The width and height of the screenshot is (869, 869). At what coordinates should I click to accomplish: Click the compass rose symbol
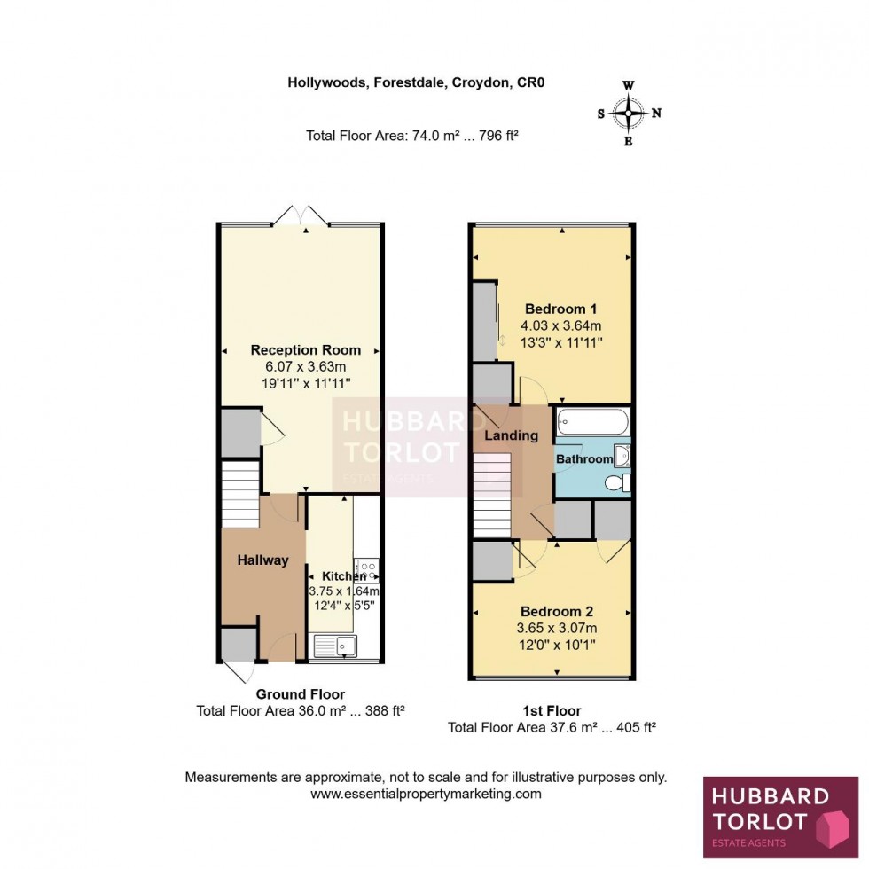[629, 113]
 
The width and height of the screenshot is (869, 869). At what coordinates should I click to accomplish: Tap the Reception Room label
[301, 349]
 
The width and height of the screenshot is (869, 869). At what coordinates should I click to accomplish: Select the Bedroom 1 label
[560, 309]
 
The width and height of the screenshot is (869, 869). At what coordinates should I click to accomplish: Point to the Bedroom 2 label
[556, 612]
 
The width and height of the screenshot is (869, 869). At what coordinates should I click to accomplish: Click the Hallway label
[262, 560]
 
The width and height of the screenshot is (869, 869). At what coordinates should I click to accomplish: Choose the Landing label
[511, 435]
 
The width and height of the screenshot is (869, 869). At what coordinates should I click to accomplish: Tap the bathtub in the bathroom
[592, 423]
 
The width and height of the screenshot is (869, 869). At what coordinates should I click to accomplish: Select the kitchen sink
[335, 645]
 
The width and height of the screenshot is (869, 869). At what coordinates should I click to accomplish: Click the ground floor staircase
[239, 494]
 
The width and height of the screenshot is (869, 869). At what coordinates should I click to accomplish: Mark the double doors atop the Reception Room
[302, 215]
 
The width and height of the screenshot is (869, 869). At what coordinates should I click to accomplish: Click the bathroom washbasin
[622, 456]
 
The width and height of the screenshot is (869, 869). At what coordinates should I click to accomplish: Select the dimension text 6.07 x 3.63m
[301, 367]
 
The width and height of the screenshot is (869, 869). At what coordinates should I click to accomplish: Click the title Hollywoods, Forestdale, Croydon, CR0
[415, 83]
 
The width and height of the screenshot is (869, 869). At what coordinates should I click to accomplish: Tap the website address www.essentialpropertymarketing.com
[426, 794]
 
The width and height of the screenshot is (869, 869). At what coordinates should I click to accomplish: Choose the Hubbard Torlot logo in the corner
[780, 817]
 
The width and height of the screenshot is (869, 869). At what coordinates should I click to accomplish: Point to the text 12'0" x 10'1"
[556, 645]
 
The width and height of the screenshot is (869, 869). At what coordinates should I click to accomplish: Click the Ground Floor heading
[301, 693]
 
